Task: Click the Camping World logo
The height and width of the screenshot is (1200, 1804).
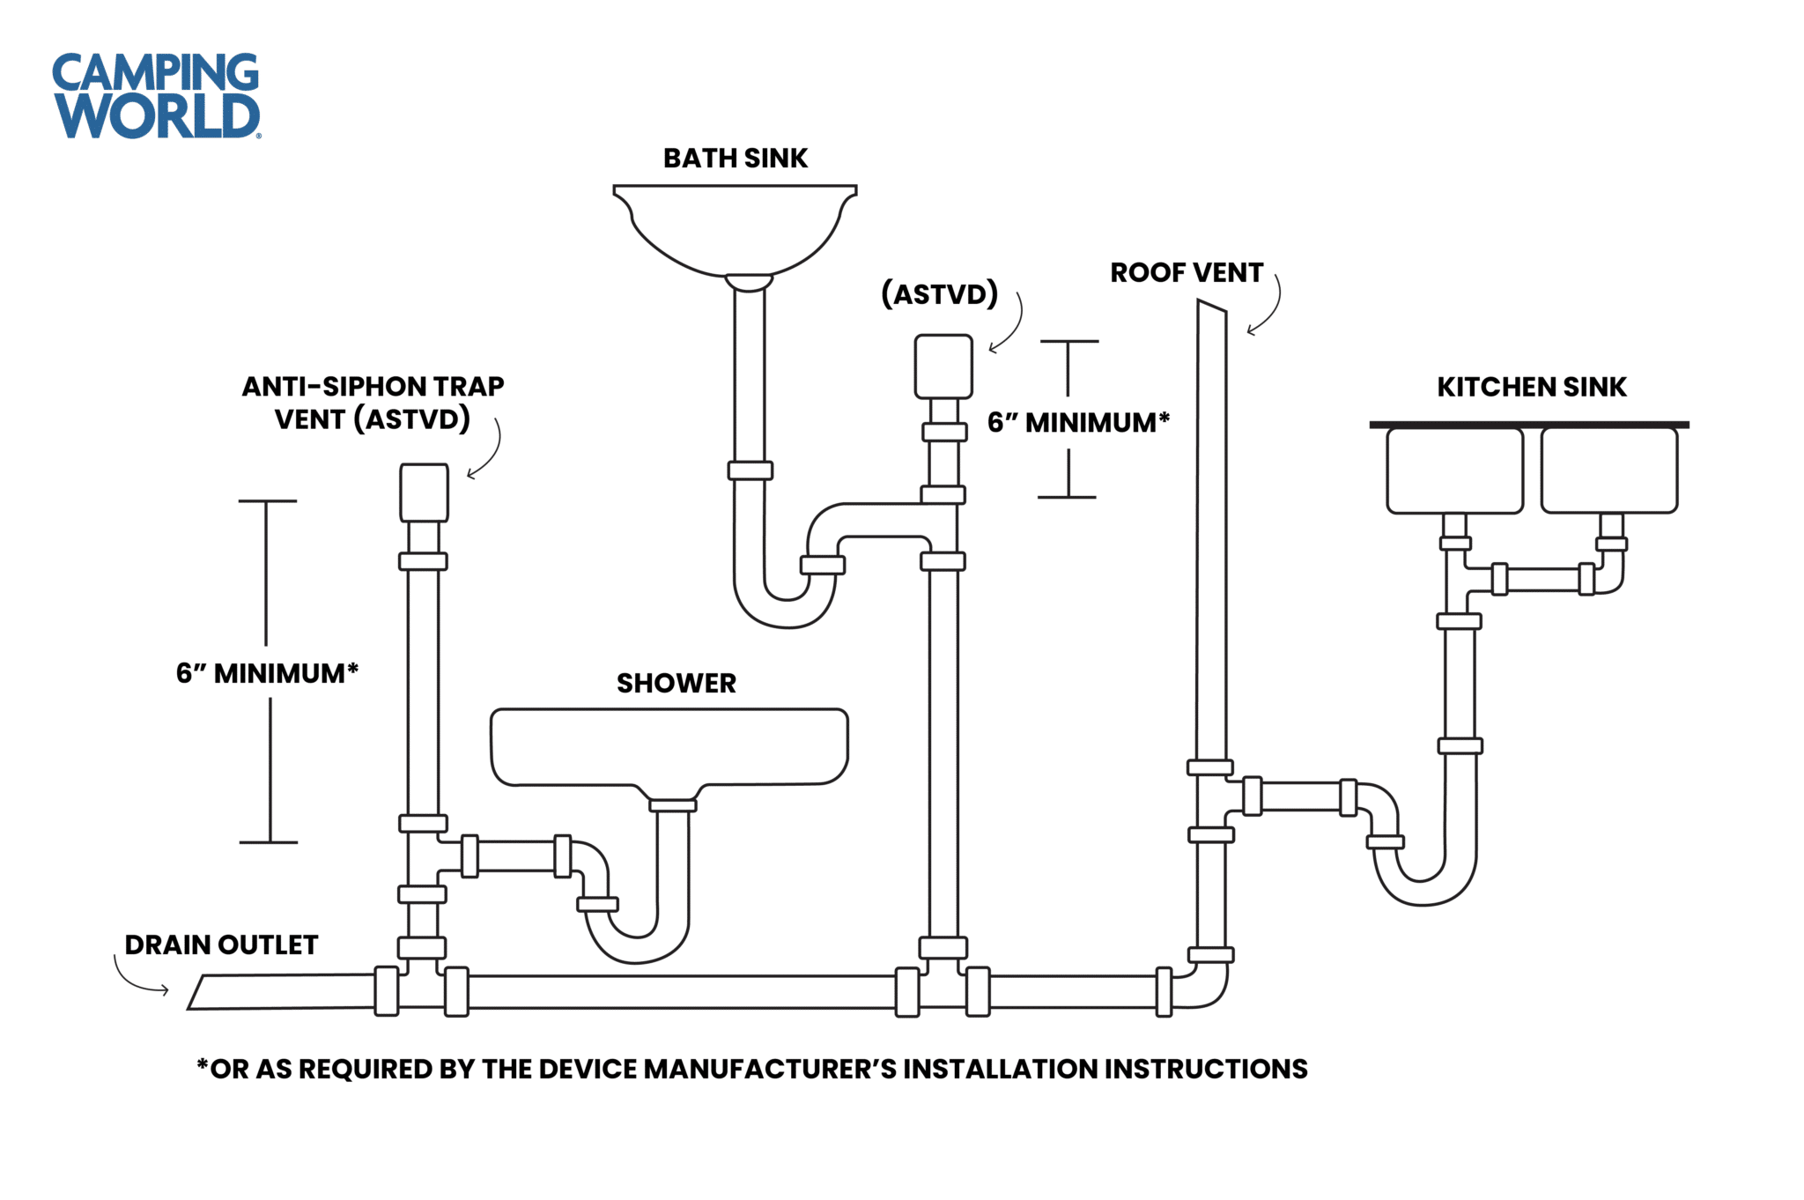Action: (x=156, y=95)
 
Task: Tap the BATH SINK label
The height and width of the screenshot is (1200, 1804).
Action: (x=735, y=159)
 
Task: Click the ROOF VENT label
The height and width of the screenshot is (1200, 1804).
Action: (x=1186, y=273)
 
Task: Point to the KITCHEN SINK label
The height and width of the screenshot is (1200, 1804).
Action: (x=1531, y=388)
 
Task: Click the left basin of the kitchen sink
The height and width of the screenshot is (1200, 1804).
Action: (x=1454, y=470)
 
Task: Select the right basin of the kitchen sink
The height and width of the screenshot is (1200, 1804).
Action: (x=1608, y=470)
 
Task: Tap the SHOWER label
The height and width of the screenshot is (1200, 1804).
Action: (x=676, y=684)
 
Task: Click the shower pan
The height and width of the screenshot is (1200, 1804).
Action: (x=669, y=745)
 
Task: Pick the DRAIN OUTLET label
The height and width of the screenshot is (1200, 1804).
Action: (x=221, y=945)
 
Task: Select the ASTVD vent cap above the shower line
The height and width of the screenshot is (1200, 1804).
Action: (x=424, y=493)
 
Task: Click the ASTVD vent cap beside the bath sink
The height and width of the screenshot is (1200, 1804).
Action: (x=943, y=366)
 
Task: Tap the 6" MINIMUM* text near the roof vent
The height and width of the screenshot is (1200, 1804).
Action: (x=1078, y=423)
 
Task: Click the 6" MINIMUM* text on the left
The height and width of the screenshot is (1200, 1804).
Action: (x=267, y=674)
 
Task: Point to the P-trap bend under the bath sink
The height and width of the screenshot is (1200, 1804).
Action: (x=783, y=612)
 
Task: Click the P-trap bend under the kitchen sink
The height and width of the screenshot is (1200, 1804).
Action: (x=1423, y=890)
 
